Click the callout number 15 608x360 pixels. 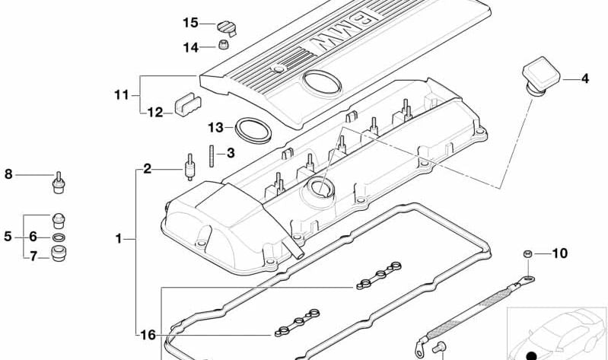coord(190,23)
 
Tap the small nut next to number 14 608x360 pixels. coord(224,45)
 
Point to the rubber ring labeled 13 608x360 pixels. coord(253,131)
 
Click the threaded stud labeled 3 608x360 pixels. coord(212,155)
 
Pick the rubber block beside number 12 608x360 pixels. coord(188,104)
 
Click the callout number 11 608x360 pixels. coord(121,94)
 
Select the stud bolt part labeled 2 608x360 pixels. coord(189,167)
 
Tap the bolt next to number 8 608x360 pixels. coord(58,183)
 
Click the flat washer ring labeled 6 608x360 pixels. coord(58,237)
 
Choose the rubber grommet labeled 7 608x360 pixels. coord(58,253)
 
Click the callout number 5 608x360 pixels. coord(8,236)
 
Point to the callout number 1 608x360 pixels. coord(119,238)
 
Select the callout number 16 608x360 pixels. coord(148,335)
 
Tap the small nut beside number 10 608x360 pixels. coord(527,253)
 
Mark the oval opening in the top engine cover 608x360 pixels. coord(322,84)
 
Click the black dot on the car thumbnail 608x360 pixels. coord(531,355)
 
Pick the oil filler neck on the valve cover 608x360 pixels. coord(319,191)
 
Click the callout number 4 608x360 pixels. coord(584,78)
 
